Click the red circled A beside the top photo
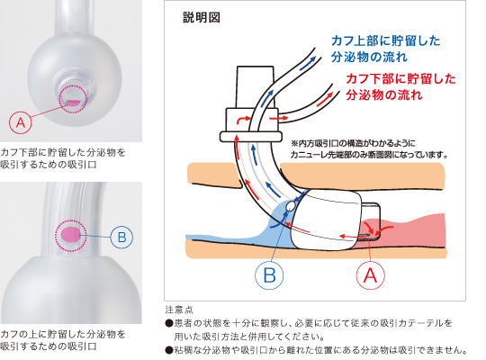tap(21, 122)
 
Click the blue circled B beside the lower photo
tap(121, 238)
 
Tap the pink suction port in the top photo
tap(73, 103)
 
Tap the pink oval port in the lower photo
tap(71, 234)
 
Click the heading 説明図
tap(202, 17)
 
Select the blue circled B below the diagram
tap(269, 275)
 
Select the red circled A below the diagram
tap(371, 275)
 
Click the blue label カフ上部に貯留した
tap(385, 40)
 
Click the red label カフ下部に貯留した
tap(401, 79)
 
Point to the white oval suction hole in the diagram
tap(291, 206)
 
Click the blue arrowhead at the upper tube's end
tap(312, 58)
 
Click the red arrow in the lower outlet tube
tap(325, 99)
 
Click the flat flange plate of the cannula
tap(251, 137)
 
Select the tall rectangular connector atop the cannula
tap(255, 87)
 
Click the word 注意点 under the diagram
tap(179, 310)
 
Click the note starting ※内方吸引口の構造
tap(369, 149)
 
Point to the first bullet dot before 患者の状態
tap(169, 323)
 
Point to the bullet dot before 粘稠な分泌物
tap(169, 350)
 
